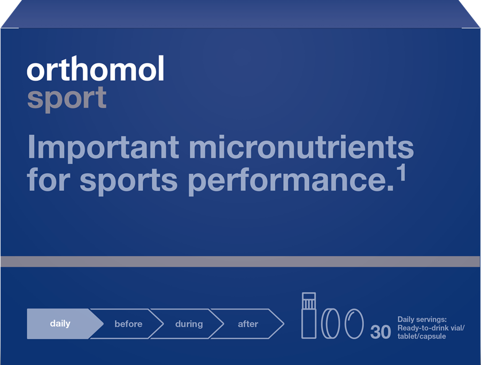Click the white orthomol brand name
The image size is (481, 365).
pos(96,68)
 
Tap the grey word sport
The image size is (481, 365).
pos(67,98)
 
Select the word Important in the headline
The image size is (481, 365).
pos(103,148)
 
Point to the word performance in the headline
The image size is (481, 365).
pos(291,180)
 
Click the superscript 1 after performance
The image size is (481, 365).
pos(401,173)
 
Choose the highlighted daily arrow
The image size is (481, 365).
pos(65,324)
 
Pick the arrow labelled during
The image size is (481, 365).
pos(188,324)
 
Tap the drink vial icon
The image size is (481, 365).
pos(308,315)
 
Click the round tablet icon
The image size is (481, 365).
pos(330,324)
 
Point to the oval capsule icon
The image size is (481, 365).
pos(354,324)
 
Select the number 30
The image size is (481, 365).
pos(381,332)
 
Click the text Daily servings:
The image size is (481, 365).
pos(422,320)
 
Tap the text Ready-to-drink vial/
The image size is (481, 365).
pos(431,328)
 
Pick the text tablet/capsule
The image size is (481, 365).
pos(422,336)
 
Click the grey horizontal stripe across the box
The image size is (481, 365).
pos(240,261)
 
